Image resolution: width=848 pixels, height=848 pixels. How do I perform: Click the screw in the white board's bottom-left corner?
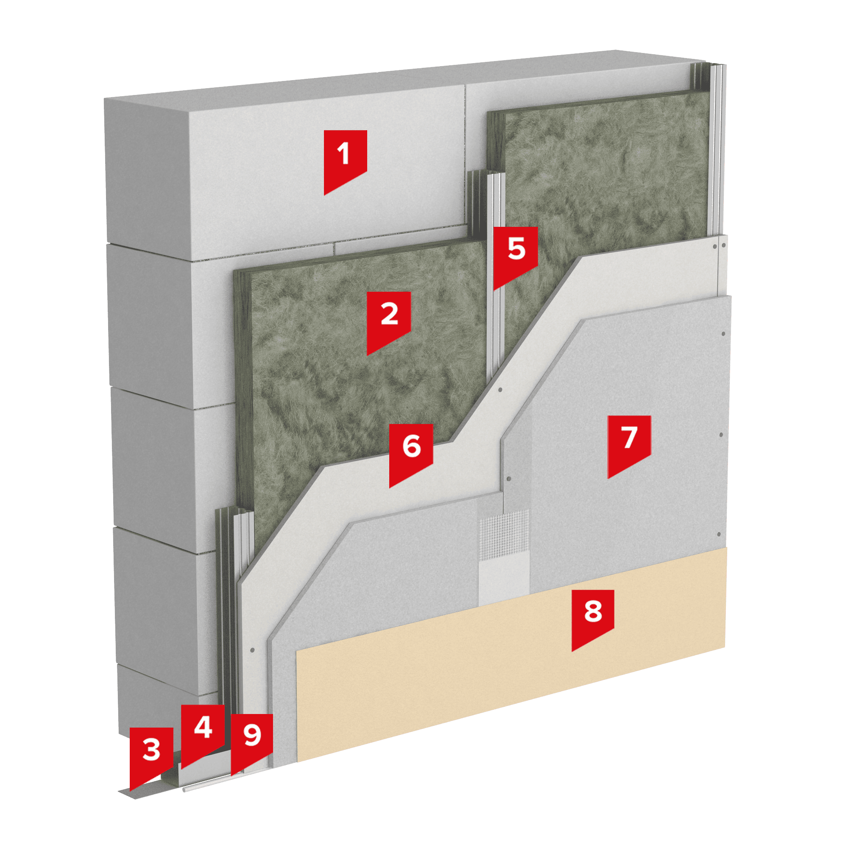coord(252,650)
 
